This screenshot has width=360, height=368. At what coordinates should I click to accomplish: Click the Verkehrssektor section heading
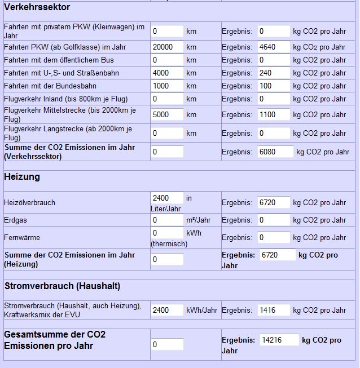pos(37,7)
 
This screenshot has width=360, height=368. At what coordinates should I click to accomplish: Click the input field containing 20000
pos(167,47)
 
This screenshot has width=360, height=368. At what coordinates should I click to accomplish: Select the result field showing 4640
pos(274,47)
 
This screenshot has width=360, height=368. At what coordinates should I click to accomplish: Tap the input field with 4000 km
pos(167,73)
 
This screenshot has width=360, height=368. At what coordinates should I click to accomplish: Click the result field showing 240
pos(274,73)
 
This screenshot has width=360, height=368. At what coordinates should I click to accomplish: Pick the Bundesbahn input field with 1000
pos(167,86)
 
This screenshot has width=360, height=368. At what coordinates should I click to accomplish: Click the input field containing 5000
pos(167,114)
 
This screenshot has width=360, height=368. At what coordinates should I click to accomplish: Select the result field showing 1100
pos(274,114)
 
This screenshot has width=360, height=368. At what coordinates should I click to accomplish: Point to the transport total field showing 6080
pos(275,152)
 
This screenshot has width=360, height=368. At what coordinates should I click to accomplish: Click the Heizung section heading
pos(22,176)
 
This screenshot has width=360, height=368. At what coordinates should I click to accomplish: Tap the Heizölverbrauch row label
pos(30,202)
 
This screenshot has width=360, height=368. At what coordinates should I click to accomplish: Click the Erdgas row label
pos(15,220)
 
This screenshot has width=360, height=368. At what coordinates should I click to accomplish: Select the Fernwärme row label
pos(22,237)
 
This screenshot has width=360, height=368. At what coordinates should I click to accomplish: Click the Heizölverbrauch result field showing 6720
pos(274,202)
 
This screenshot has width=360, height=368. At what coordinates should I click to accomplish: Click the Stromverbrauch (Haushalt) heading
pos(62,286)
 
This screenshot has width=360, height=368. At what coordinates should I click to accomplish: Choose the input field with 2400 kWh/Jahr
pos(167,310)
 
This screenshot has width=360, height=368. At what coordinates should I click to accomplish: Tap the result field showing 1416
pos(274,310)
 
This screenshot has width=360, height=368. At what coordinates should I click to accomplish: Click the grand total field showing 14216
pos(279,340)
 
